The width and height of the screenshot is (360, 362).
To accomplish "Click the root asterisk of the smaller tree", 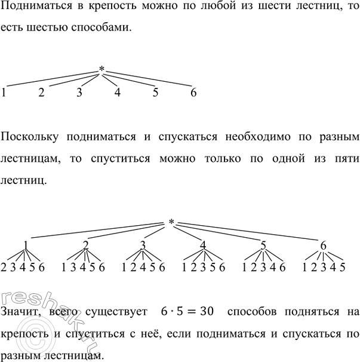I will (x=102, y=70).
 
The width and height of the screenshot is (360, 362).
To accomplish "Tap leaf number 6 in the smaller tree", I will (x=193, y=93).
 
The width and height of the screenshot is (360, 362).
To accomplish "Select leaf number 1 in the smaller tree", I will (x=4, y=93).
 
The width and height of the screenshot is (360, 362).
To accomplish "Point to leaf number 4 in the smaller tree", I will (x=118, y=93).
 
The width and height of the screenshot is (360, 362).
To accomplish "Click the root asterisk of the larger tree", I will (x=171, y=223).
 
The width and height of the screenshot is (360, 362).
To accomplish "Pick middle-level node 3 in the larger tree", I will (x=143, y=245).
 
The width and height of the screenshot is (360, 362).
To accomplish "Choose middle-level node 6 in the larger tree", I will (x=324, y=245).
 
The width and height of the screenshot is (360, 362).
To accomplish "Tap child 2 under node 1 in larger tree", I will (x=4, y=267).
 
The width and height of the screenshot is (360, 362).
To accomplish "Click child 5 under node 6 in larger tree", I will (x=342, y=267).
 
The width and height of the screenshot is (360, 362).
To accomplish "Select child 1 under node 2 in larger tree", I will (x=64, y=267).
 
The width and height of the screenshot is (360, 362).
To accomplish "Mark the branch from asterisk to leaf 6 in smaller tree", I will (x=149, y=81).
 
